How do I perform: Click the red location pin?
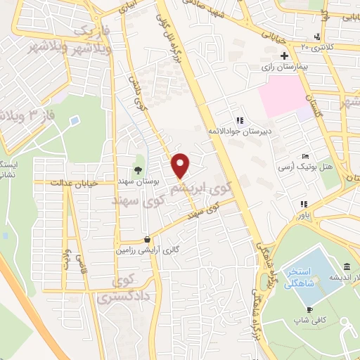click(x=181, y=166)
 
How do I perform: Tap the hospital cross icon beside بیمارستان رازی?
click(x=284, y=56)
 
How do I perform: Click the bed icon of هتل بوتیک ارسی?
click(x=304, y=156)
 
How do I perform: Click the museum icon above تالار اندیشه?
click(x=348, y=266)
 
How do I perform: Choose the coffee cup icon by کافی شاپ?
click(x=309, y=309)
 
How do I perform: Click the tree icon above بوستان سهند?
click(x=139, y=169)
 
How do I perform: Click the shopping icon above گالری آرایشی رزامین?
click(x=146, y=238)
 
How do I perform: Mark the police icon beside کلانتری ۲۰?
click(x=319, y=37)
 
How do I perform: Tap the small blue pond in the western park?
click(x=74, y=121)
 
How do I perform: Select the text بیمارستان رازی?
click(x=262, y=67)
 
